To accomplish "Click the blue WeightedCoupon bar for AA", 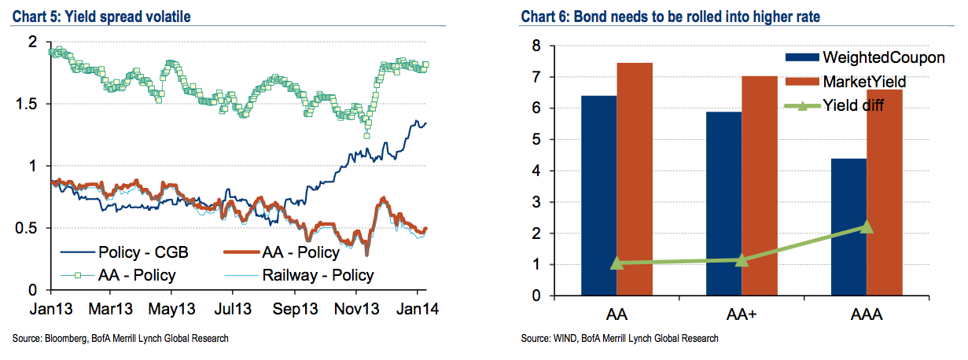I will click(x=598, y=196).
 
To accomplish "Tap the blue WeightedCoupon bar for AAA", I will click(x=848, y=227).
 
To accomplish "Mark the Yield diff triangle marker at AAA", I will click(x=867, y=227).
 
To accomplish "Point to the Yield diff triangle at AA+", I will click(x=742, y=259).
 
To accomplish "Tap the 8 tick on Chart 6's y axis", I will click(x=535, y=46).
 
